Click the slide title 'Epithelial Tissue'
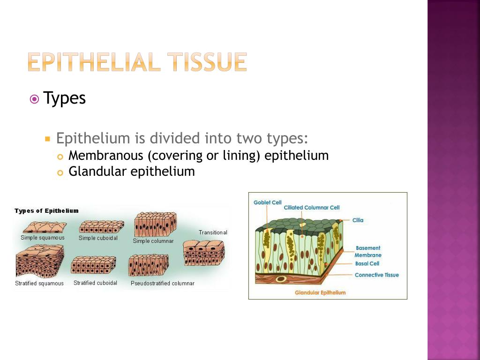point(137,62)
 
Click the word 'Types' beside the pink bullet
point(65,98)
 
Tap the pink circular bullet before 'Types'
point(34,99)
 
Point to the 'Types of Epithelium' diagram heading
point(46,211)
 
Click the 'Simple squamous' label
point(43,238)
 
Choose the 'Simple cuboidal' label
point(98,238)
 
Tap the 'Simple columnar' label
point(153,241)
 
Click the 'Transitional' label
point(213,232)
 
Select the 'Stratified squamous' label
point(39,283)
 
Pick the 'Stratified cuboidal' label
point(95,283)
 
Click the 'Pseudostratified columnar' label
point(162,283)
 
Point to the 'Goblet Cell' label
point(268,202)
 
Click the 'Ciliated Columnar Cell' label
point(312,208)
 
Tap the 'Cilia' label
point(358,220)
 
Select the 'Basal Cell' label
point(367,264)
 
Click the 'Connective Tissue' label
point(376,275)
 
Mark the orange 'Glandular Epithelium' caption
point(320,292)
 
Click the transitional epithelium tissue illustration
point(204,253)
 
